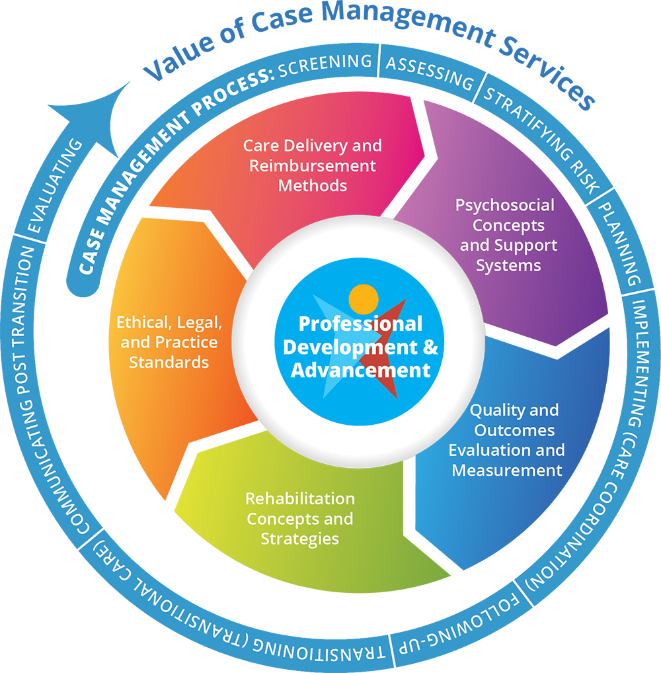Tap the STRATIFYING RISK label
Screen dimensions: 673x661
click(x=542, y=139)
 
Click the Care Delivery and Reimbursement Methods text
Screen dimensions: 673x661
click(x=312, y=165)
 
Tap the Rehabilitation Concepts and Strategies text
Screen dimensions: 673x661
click(x=299, y=518)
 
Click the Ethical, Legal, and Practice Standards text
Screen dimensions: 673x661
click(x=169, y=342)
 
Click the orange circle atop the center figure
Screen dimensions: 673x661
click(x=363, y=299)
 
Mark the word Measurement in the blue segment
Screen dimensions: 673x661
click(x=507, y=471)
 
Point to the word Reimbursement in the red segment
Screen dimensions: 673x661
click(x=312, y=165)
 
